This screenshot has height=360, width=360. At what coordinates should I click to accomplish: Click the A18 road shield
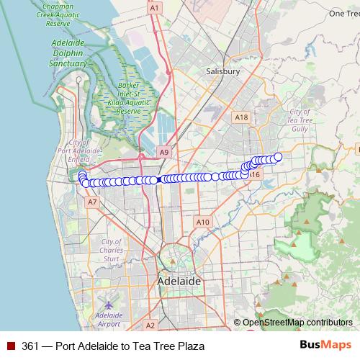(241, 117)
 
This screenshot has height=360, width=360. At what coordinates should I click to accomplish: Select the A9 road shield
(165, 152)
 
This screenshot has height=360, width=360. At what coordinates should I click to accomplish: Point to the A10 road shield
(203, 222)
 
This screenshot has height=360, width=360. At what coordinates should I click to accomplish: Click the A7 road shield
(91, 203)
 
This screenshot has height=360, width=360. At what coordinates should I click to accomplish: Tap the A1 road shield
(153, 7)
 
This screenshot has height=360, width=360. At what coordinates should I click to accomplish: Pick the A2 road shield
(150, 325)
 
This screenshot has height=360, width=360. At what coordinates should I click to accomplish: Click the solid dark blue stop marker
(158, 180)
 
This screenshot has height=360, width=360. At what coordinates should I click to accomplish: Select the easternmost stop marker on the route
(278, 157)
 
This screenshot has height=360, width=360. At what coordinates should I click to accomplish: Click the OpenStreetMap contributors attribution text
(293, 323)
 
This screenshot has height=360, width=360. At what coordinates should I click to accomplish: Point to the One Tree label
(344, 13)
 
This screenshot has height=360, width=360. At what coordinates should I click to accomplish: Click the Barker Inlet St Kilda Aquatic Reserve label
(127, 99)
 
